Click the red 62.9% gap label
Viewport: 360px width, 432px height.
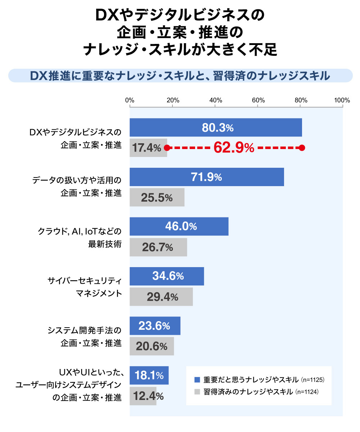tap(234, 148)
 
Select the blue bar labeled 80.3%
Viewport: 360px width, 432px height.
tap(216, 127)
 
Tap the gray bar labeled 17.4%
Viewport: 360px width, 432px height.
tap(148, 148)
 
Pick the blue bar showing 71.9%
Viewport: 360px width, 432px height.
tap(207, 177)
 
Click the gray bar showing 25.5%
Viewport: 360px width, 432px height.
tap(157, 197)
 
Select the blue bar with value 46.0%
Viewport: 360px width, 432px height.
tap(179, 226)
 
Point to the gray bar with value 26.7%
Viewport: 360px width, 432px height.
tap(158, 247)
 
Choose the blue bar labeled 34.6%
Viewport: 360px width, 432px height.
tap(167, 276)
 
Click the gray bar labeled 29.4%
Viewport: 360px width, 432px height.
tap(161, 297)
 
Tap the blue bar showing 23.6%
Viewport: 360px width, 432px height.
tap(155, 326)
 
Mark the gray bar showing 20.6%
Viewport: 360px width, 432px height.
tap(152, 346)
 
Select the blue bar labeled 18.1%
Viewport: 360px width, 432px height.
tap(149, 375)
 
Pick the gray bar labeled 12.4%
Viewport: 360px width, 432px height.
tap(143, 396)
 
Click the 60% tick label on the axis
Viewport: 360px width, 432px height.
tap(258, 100)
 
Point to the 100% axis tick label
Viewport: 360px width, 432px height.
tap(342, 100)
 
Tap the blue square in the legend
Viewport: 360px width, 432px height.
tap(197, 380)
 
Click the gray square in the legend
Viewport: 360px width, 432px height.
tap(197, 392)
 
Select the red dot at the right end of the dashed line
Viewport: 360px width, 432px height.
tap(302, 148)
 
